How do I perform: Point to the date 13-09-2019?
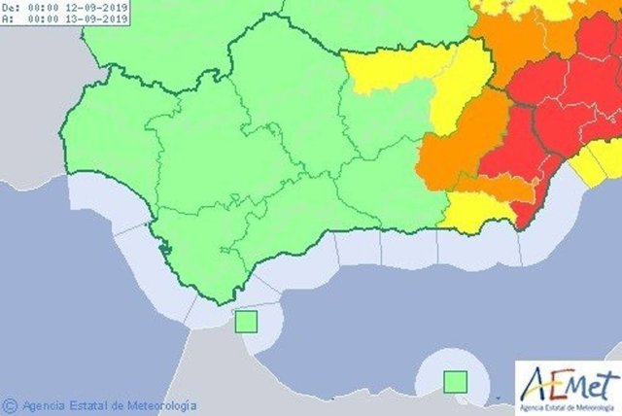click(x=102, y=18)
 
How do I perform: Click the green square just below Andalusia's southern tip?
click(x=246, y=321)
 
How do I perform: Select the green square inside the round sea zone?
click(x=454, y=382)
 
